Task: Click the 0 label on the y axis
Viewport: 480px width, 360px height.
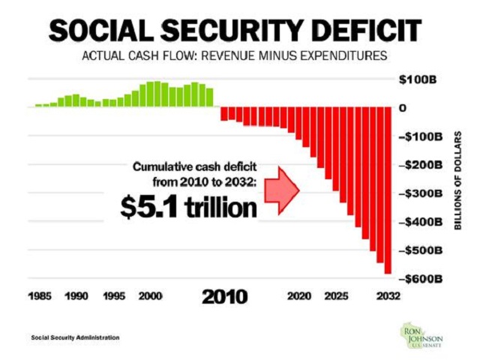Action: (403, 108)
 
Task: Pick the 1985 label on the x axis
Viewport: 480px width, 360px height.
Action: (41, 295)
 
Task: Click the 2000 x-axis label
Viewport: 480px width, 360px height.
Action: (151, 295)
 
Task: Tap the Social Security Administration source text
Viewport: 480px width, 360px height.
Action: (75, 337)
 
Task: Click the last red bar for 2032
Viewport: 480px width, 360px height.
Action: (388, 190)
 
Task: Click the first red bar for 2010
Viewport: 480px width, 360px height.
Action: (223, 114)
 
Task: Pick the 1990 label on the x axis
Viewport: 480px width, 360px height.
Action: (76, 295)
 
